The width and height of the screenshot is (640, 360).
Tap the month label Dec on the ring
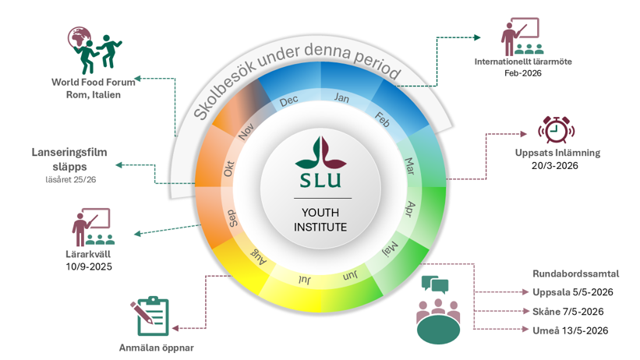pos(288,101)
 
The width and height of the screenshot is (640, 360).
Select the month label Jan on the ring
pos(341,97)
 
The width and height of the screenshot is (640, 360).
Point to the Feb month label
pos(382,119)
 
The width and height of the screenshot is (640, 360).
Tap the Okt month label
pos(228,168)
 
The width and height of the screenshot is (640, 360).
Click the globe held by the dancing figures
pos(80,37)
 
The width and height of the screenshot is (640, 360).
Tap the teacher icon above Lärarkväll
pos(91,228)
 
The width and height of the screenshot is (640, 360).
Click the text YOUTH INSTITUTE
pos(320,220)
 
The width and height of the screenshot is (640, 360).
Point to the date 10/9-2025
pos(89,266)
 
